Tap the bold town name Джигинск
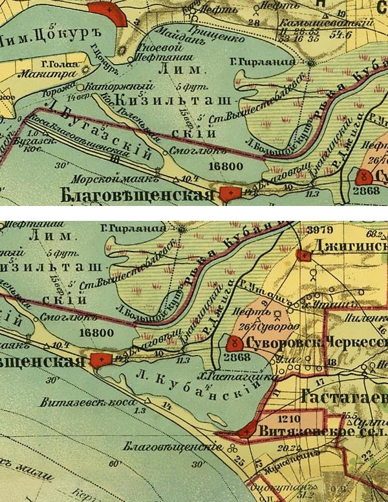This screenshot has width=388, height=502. [x=349, y=247]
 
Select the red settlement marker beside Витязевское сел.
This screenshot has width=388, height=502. [x=245, y=430]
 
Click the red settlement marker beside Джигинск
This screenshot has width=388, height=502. [x=301, y=255]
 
